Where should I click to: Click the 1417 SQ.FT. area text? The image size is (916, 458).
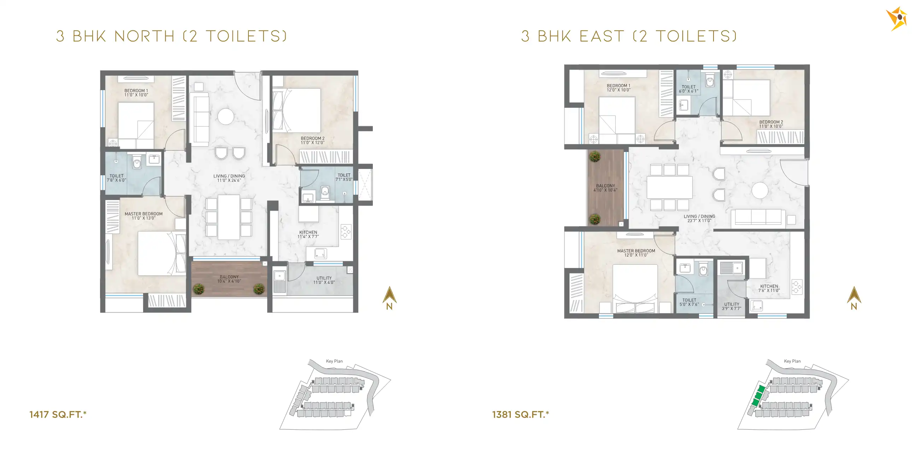click(58, 415)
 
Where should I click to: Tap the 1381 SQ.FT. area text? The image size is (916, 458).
click(521, 415)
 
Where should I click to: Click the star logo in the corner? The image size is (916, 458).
click(897, 18)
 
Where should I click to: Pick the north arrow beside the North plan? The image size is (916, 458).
click(389, 298)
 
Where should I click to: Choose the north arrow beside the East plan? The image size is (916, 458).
click(854, 298)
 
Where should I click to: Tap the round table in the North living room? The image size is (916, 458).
click(226, 116)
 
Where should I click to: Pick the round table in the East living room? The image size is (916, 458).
click(760, 190)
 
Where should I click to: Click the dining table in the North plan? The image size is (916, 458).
click(229, 217)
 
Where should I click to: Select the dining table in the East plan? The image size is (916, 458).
click(670, 187)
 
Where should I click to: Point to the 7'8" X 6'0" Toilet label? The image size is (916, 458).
click(116, 178)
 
